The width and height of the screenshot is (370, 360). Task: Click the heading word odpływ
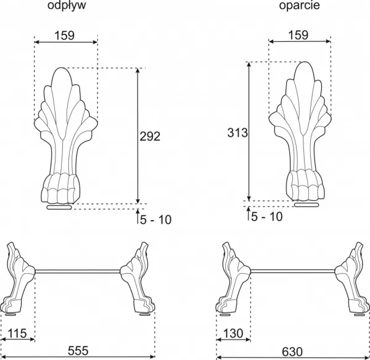click(67, 6)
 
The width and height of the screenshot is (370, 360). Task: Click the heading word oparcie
click(300, 6)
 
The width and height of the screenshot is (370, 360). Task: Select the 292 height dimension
click(150, 136)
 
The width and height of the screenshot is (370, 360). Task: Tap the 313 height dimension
click(237, 133)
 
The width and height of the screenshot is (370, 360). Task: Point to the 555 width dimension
click(78, 351)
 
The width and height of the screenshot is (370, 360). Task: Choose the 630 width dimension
click(292, 352)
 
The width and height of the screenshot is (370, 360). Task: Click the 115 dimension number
click(17, 333)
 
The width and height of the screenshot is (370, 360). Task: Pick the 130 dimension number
click(233, 333)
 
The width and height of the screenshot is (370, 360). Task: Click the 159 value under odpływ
click(64, 36)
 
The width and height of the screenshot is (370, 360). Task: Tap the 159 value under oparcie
click(298, 35)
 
